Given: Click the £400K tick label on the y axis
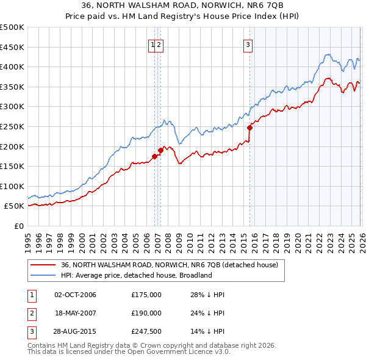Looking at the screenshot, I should point(12,67).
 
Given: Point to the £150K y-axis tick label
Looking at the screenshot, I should point(12,166).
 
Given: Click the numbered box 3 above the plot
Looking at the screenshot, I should point(248,43).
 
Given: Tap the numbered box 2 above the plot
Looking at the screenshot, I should point(159,43).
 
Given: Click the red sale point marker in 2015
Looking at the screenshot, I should point(249,128).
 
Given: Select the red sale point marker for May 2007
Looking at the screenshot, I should point(161,150).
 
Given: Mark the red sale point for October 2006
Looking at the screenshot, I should point(154,156).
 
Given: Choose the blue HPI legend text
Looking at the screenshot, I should point(135,275).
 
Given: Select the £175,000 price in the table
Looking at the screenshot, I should point(146,295).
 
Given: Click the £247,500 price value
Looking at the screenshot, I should point(146,333).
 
